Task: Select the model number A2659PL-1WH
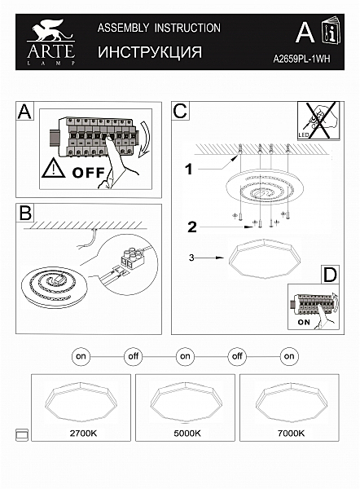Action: (x=301, y=59)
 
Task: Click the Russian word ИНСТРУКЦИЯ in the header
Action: (x=150, y=52)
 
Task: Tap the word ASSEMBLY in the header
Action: (x=123, y=28)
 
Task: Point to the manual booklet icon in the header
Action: (x=331, y=30)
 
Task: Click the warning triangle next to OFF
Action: (x=53, y=168)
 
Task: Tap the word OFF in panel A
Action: (x=88, y=173)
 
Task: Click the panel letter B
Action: (x=25, y=213)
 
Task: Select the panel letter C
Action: (x=180, y=111)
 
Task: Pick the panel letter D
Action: (x=330, y=275)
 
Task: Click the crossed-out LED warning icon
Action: (x=318, y=121)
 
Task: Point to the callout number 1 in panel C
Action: (x=189, y=170)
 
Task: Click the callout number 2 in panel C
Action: (x=192, y=227)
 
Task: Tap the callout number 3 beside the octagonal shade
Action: (x=191, y=258)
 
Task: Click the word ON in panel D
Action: (x=304, y=322)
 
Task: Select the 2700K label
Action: (x=83, y=434)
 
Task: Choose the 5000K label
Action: (x=187, y=434)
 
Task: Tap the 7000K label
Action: (x=291, y=434)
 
